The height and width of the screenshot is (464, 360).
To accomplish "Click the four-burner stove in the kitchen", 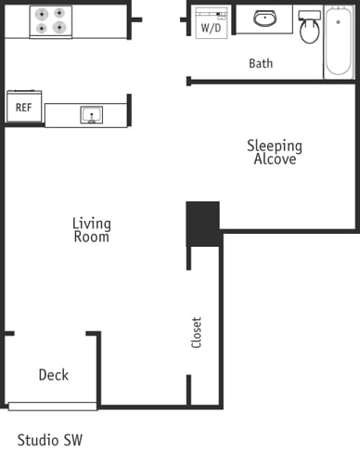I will point(51,20).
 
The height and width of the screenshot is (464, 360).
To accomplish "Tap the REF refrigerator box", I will point(24,108).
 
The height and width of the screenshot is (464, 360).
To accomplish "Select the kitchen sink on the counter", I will point(92,115).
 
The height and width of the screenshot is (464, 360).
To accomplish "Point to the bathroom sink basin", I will point(265,19).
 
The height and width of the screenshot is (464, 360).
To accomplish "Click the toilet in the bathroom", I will point(309,30).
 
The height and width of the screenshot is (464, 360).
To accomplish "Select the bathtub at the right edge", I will point(338,42).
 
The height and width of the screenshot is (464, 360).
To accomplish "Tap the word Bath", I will point(261,64).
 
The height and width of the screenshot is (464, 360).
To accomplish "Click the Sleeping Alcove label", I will point(274,152).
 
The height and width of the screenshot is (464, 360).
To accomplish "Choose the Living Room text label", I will point(92,230).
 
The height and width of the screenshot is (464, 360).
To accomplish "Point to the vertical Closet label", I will point(196,332).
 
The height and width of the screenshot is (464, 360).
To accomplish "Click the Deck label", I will point(53,375).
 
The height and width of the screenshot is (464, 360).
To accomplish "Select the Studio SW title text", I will point(50,439).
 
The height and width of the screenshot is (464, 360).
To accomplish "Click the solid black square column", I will point(203,223).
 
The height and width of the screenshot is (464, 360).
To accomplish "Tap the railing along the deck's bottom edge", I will point(53,406).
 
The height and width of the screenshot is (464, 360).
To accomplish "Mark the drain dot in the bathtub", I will point(338,21).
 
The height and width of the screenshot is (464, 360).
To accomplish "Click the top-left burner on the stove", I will point(41,13).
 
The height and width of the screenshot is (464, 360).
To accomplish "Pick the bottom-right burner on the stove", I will point(61,29).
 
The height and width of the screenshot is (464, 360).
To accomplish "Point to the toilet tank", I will point(309,16).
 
